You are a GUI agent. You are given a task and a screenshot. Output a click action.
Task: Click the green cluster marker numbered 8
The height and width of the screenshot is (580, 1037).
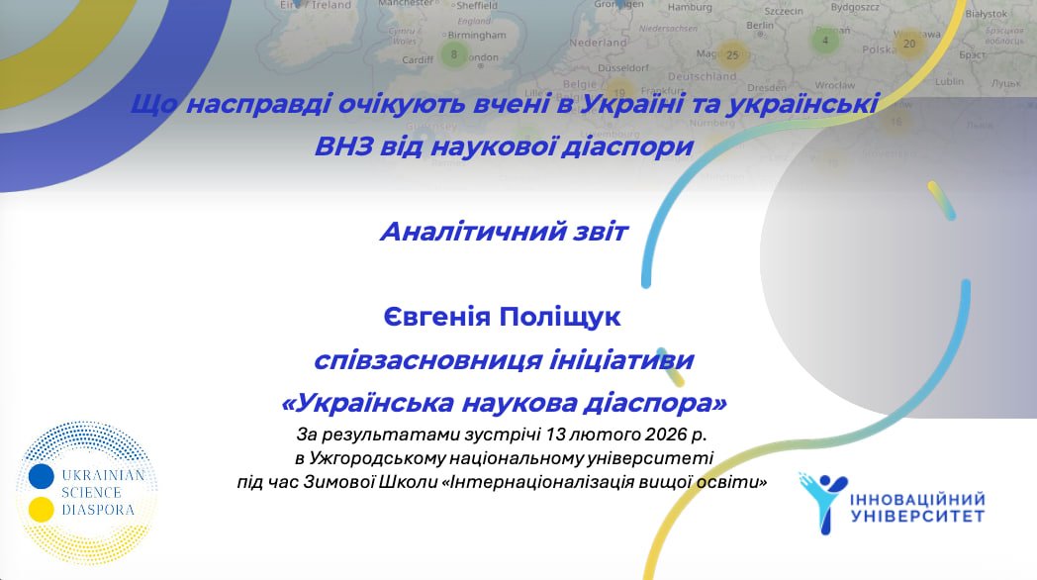pyautogui.click(x=453, y=54)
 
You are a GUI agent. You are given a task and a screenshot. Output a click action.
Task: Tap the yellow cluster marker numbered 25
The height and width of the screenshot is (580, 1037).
pyautogui.click(x=732, y=54)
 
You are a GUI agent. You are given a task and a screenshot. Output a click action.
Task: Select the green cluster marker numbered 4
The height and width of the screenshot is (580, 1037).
pyautogui.click(x=824, y=42)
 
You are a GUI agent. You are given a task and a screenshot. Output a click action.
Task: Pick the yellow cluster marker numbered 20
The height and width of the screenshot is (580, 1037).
pyautogui.click(x=908, y=43)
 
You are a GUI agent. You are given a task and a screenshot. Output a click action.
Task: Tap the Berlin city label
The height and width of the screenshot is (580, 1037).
pyautogui.click(x=760, y=25)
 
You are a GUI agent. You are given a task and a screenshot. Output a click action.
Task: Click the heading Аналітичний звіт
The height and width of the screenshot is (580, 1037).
pyautogui.click(x=504, y=233)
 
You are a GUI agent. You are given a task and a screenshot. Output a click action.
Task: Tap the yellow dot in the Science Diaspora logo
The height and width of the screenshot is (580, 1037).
pyautogui.click(x=41, y=510)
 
